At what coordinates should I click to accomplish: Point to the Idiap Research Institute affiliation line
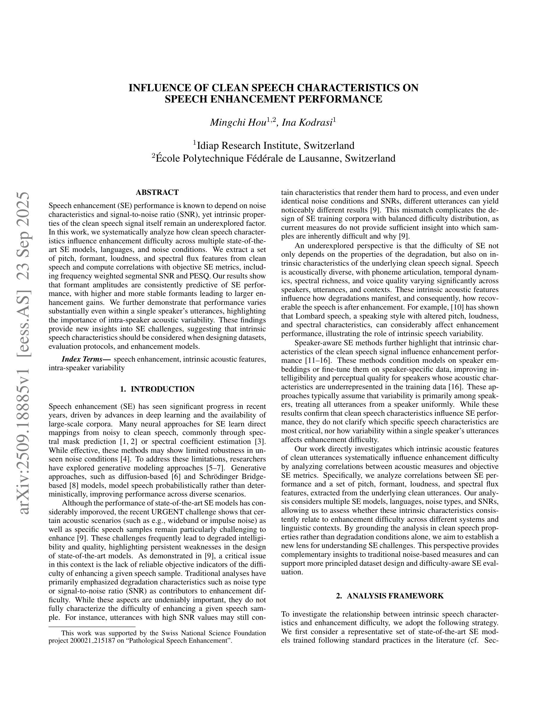pos(274,146)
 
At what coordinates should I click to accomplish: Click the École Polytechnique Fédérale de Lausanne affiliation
pos(274,158)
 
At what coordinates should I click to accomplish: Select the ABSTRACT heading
pos(157,193)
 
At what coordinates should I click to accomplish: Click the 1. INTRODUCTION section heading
pos(157,389)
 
